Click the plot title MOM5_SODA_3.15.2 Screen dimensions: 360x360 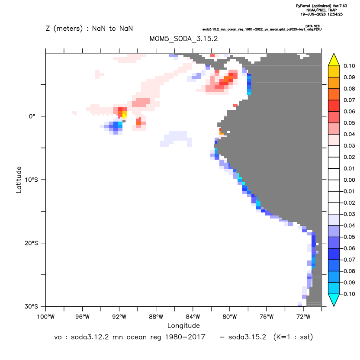tap(183, 39)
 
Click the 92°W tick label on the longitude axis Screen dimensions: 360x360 tap(119, 317)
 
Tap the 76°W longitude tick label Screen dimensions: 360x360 tap(267, 317)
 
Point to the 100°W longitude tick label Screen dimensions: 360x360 tap(46, 317)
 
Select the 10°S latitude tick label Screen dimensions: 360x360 tap(31, 180)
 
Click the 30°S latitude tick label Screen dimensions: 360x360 tap(31, 306)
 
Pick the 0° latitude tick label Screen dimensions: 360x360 tap(32, 116)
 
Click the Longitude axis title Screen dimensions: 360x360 tap(183, 326)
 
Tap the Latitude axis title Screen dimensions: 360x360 tap(19, 180)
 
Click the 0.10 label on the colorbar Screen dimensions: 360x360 tap(349, 66)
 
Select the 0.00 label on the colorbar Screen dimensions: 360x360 tap(349, 180)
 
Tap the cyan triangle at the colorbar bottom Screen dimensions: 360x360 tap(334, 299)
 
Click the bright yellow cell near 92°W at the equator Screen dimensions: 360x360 tap(125, 114)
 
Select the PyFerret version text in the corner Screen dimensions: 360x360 tap(321, 6)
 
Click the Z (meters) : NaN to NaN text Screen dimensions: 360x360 tap(89, 29)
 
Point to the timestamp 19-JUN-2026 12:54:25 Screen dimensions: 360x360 tap(321, 14)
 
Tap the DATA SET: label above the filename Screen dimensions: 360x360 tap(313, 26)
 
